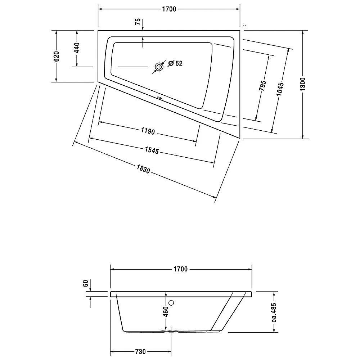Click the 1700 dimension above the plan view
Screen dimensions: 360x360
coord(169,9)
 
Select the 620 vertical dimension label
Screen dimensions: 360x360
coord(56,57)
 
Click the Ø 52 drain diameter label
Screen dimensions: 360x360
coord(175,63)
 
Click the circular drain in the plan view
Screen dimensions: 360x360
coord(159,67)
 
